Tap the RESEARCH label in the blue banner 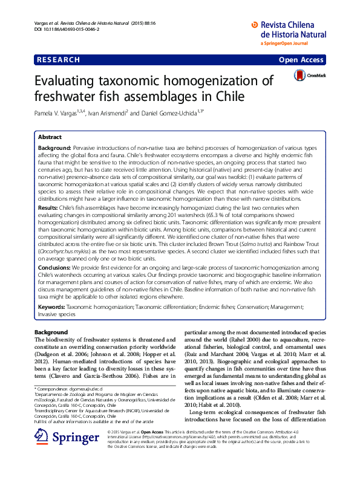[x=59, y=60]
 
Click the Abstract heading [x=50, y=137]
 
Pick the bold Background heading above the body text [x=51, y=332]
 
